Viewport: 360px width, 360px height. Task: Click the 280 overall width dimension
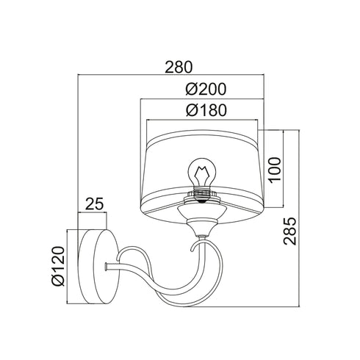point(179,67)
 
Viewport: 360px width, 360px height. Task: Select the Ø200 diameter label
point(206,89)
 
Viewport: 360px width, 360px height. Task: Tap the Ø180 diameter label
point(206,110)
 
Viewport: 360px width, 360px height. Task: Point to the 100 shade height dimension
point(274,170)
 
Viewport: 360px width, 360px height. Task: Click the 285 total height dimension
point(289,231)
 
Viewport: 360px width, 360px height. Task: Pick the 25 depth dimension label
point(94,204)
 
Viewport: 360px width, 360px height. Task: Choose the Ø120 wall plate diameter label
point(58,266)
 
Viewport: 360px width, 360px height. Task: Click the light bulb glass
point(202,172)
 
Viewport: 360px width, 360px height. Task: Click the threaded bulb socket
point(201,194)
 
